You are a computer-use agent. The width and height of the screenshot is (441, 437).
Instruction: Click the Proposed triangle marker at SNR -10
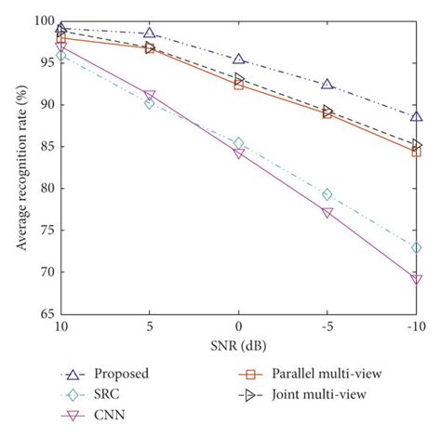tap(416, 117)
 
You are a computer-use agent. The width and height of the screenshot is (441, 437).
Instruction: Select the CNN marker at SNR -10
tap(416, 279)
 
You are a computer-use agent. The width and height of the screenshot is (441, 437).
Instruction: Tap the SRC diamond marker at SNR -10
tap(416, 247)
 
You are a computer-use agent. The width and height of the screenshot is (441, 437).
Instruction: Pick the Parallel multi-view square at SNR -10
tap(416, 152)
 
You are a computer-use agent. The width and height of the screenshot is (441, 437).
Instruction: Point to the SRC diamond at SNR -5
tap(327, 194)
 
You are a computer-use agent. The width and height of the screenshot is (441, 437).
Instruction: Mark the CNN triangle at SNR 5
tap(150, 96)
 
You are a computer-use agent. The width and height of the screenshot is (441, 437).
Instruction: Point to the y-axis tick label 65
tap(44, 314)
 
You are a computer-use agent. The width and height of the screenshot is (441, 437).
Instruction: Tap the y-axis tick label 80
tap(44, 189)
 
